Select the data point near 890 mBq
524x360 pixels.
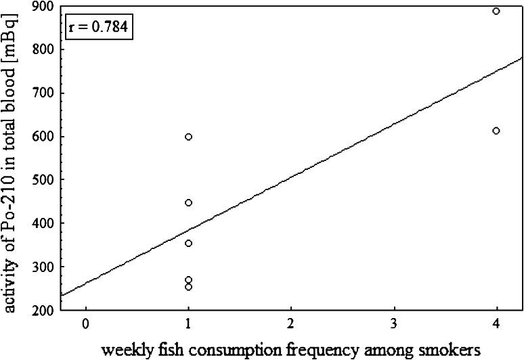496,12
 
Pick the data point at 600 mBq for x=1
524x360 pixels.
188,137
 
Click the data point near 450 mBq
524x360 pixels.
188,202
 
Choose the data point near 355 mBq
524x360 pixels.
188,243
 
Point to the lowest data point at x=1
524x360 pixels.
188,287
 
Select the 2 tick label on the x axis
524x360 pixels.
291,323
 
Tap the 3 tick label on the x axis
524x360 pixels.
394,323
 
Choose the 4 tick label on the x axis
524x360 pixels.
496,323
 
